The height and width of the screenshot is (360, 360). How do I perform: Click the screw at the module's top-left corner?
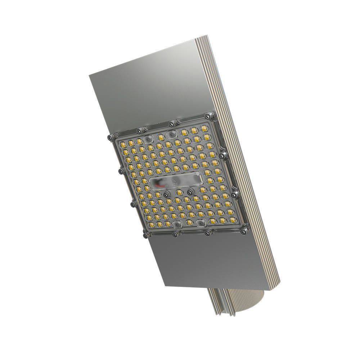point(110,138)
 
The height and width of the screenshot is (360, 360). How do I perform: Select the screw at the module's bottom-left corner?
point(145,235)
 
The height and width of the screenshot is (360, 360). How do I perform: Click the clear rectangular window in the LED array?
point(176,182)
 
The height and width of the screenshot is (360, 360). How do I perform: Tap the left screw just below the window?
point(166,195)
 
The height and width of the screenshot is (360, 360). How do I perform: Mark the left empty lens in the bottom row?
point(177,225)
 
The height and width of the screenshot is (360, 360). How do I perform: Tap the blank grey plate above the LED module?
point(144,94)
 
